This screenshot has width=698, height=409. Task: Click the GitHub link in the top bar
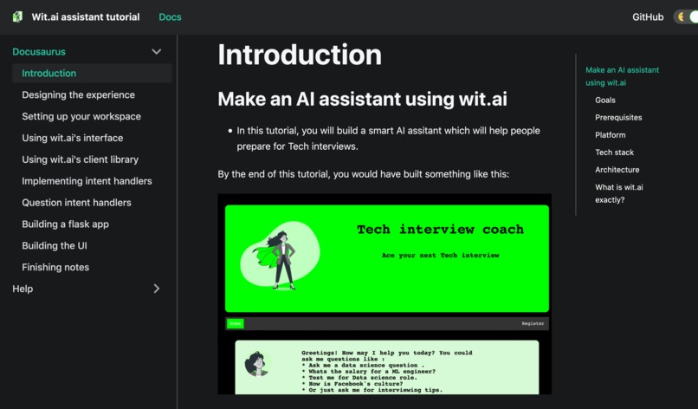648,17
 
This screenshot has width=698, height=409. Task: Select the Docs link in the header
170,17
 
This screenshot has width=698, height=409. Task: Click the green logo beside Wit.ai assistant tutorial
17,17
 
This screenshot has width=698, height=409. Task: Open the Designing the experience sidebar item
78,94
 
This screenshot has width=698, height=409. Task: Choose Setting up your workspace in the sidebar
81,116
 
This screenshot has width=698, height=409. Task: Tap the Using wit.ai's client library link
80,159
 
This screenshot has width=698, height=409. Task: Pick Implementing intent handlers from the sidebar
87,181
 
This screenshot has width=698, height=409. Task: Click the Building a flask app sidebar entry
65,224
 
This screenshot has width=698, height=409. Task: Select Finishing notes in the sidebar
55,268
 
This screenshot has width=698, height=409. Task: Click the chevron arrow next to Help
157,289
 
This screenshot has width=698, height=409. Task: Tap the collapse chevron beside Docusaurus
157,52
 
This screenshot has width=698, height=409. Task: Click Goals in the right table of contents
605,101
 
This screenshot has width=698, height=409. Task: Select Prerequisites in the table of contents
618,118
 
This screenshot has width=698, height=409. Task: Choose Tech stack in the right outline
614,153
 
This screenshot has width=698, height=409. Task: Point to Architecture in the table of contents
617,170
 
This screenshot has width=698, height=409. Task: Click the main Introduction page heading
299,55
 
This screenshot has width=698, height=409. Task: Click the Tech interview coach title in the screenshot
440,230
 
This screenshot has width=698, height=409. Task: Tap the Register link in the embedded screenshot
533,323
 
